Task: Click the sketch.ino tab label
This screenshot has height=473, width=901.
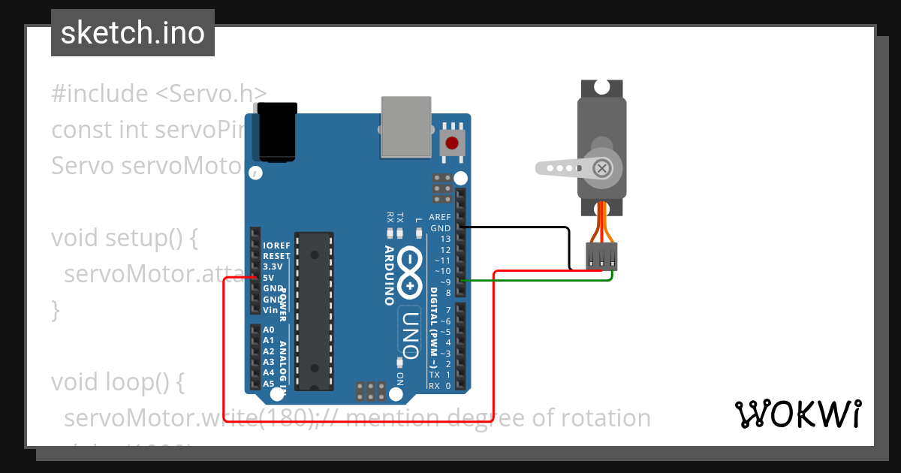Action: [x=132, y=33]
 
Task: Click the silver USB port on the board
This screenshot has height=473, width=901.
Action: [x=406, y=126]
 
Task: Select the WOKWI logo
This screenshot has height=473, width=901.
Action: [x=797, y=414]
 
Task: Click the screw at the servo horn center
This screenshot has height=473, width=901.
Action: [x=601, y=168]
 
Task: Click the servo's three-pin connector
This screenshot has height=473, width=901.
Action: [x=601, y=255]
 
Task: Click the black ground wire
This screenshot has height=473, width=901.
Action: [x=526, y=227]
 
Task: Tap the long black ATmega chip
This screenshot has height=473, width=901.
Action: [x=313, y=311]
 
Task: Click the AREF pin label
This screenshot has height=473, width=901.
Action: [x=440, y=217]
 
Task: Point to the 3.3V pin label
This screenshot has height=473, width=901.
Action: [x=273, y=267]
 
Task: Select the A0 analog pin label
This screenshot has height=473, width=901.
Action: [x=269, y=330]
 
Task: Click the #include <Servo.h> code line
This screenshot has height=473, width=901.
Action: [x=158, y=94]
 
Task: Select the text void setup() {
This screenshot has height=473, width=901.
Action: [x=124, y=238]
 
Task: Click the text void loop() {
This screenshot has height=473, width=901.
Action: [x=117, y=381]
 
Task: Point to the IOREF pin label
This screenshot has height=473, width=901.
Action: [x=276, y=246]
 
